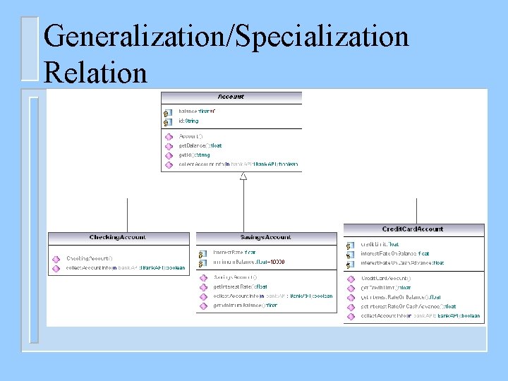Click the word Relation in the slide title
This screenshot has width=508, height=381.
(95, 73)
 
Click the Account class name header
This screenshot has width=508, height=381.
(231, 97)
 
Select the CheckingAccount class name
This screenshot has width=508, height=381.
(118, 238)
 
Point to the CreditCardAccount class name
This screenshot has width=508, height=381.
(413, 229)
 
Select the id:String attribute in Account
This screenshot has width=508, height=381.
(188, 121)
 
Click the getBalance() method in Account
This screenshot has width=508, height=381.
(200, 145)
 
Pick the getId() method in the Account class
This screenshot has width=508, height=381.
(194, 155)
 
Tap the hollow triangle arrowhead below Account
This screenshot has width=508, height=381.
(243, 176)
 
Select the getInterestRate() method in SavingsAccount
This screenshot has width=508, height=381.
(240, 286)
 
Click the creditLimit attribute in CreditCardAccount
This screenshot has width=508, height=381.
(380, 244)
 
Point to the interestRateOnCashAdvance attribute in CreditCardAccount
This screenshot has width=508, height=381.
(402, 262)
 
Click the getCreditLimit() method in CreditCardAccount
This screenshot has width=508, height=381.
(386, 288)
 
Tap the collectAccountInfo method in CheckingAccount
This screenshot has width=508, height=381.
(126, 268)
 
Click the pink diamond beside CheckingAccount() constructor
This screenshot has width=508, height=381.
(56, 258)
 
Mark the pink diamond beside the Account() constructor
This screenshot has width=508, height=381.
(169, 136)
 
